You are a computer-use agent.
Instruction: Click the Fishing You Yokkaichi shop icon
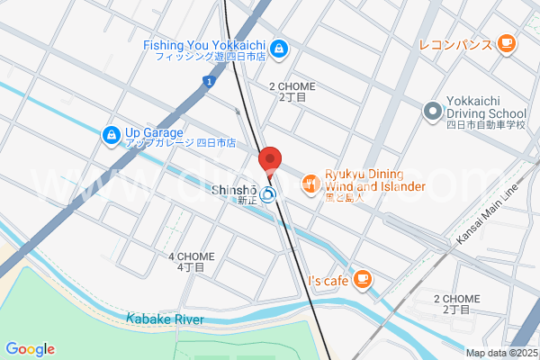tap(280, 47)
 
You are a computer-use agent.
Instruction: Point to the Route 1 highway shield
tap(208, 83)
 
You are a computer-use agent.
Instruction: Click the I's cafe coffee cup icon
tap(363, 279)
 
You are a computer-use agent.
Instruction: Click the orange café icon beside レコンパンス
tap(506, 42)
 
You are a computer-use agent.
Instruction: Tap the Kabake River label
tap(165, 319)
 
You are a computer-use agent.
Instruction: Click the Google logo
tap(30, 349)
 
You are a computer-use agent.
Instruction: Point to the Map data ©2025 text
tap(500, 353)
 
